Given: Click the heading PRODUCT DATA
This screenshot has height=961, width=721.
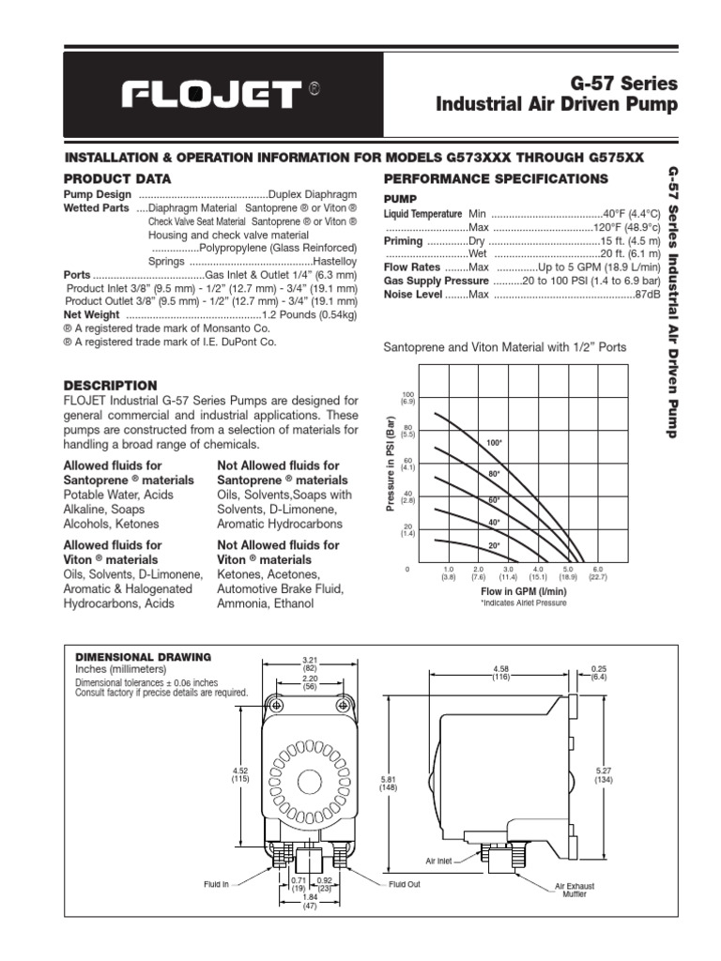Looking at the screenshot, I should [x=116, y=178].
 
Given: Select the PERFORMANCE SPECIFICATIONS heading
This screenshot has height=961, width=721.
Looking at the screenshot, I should [x=496, y=178].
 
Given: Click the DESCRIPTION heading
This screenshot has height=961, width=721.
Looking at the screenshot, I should [x=110, y=386].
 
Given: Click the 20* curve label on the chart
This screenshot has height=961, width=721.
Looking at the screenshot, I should [x=493, y=545].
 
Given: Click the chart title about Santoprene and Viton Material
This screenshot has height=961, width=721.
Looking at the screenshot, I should [x=505, y=347].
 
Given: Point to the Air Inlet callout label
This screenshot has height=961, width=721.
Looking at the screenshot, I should [x=439, y=860].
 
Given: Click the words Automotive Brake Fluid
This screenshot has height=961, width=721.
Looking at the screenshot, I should [x=280, y=588].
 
